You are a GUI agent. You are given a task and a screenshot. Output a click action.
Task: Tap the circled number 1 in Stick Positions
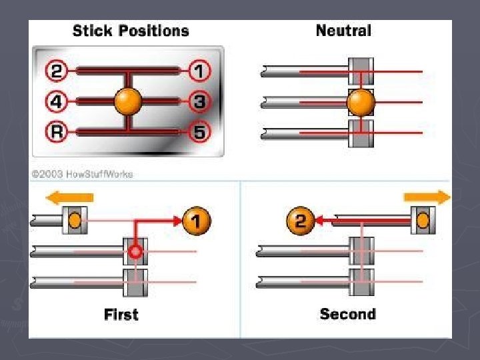tap(199, 69)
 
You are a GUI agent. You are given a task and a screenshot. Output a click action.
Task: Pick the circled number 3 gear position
tap(199, 101)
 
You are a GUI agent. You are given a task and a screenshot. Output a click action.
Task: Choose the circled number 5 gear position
tap(199, 131)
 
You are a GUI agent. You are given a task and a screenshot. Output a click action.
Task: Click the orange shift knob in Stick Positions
tap(128, 101)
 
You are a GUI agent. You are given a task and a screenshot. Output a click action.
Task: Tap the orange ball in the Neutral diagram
tap(361, 102)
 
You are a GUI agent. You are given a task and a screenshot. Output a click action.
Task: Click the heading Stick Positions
tap(131, 31)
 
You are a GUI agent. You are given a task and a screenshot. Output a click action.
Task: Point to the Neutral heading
tap(343, 31)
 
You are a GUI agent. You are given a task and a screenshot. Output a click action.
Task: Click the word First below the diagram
tap(121, 315)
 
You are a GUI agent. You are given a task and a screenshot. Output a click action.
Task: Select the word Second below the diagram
tap(347, 315)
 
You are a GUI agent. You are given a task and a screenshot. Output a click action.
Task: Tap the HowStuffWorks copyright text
tap(82, 175)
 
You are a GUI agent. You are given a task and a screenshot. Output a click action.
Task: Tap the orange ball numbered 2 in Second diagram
tap(300, 221)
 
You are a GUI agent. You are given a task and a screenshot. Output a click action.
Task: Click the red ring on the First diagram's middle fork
tap(135, 253)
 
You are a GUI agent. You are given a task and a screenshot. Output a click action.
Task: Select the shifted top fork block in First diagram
tap(75, 220)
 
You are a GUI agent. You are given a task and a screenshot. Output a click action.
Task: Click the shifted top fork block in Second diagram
tap(421, 220)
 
